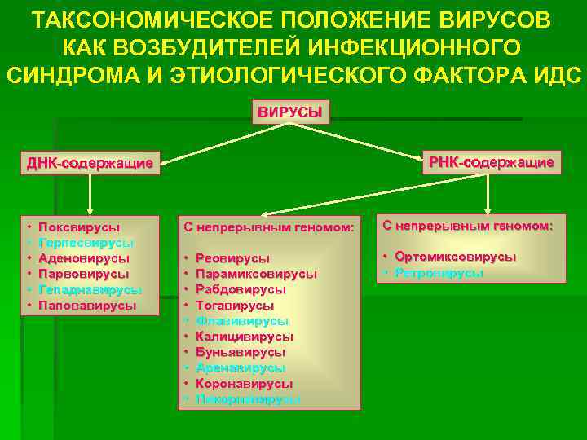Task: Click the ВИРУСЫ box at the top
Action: (290, 112)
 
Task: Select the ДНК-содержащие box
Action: (90, 163)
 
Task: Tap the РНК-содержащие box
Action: (492, 163)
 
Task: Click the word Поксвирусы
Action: (79, 227)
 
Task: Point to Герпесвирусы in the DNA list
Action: (86, 243)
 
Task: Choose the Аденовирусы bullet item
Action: (84, 258)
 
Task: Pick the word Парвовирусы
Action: (84, 274)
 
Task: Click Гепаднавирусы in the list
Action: (90, 289)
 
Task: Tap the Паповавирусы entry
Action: (87, 305)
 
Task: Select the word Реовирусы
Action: (238, 258)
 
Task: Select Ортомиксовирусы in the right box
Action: (455, 257)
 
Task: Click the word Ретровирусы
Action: (439, 273)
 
